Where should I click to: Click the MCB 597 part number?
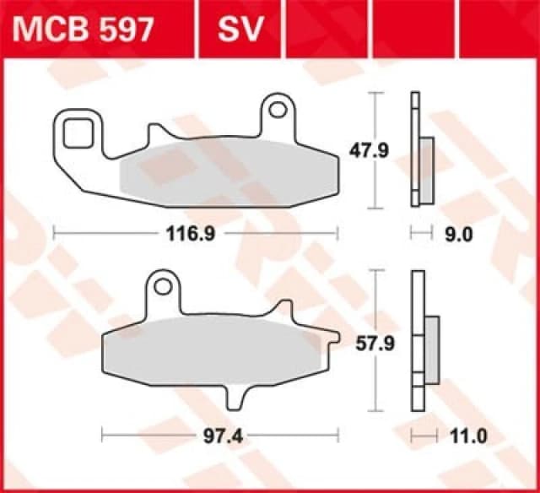coord(83,30)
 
